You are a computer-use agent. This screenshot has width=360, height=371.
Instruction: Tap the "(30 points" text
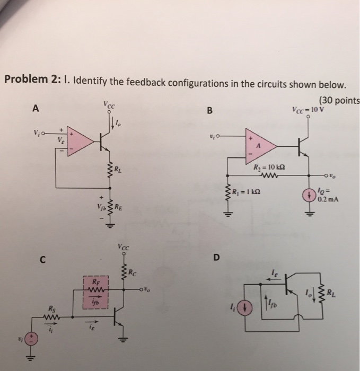(338, 101)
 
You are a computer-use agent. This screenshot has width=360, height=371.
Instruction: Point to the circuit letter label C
(40, 259)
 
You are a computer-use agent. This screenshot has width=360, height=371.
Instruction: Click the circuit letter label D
(216, 258)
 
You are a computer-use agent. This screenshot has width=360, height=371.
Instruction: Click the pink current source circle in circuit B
(309, 194)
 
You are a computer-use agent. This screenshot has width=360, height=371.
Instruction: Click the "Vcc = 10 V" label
(308, 110)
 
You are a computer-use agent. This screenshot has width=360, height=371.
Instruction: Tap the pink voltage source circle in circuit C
(31, 339)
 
